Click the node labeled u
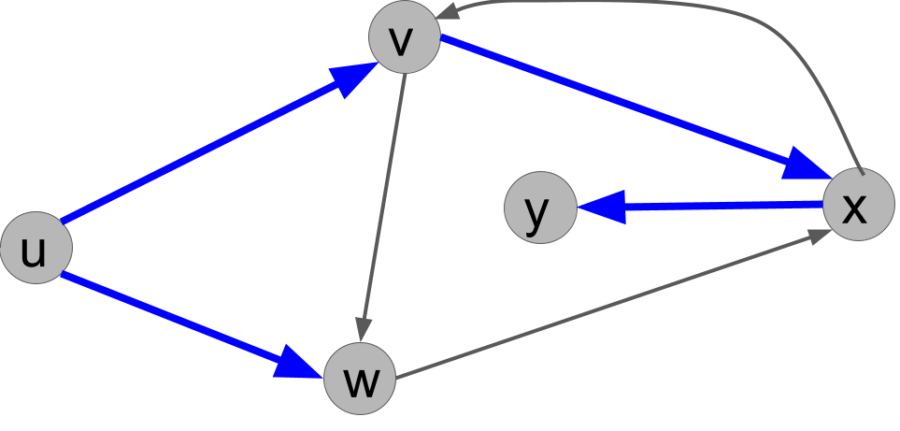point(36,248)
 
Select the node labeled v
point(404,37)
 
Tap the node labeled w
point(360,380)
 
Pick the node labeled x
point(858,205)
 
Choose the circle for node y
point(539,208)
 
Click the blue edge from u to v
point(206,149)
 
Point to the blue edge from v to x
point(617,102)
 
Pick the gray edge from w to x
point(607,306)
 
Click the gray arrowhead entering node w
point(364,330)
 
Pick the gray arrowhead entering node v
point(450,11)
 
